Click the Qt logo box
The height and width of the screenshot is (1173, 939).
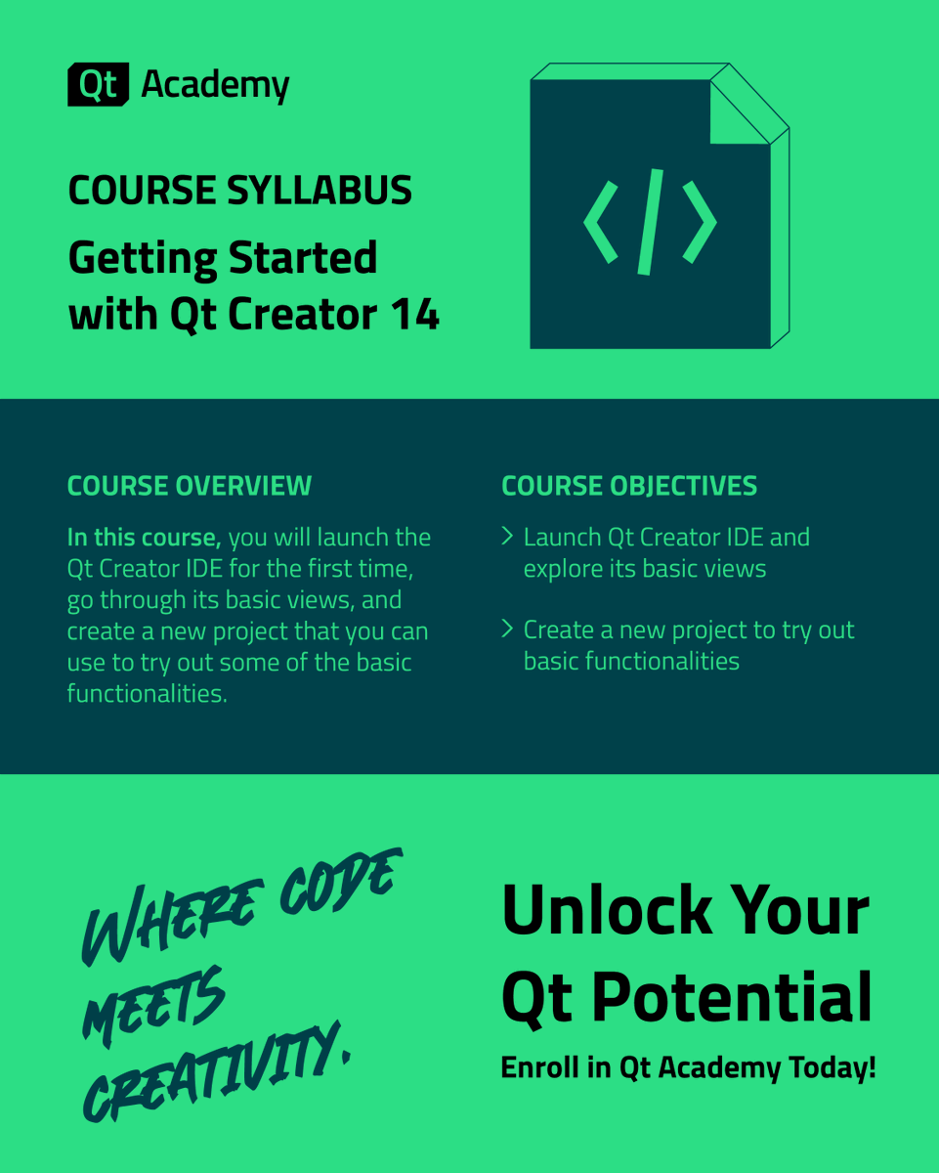(x=98, y=85)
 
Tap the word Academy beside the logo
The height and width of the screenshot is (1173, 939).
(x=215, y=86)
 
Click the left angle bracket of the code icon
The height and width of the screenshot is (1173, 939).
(x=601, y=221)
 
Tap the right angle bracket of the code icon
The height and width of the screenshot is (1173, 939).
(x=700, y=221)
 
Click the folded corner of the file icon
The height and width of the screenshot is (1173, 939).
(x=740, y=110)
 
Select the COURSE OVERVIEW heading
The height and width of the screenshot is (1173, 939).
(x=190, y=486)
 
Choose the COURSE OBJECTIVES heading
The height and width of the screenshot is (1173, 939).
(x=629, y=486)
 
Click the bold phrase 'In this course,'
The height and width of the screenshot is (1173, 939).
(x=145, y=538)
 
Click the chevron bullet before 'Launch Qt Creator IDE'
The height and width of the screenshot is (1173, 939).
(x=507, y=536)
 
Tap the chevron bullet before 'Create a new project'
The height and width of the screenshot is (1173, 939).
(x=507, y=629)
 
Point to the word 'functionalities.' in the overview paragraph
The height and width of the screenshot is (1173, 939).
(x=147, y=694)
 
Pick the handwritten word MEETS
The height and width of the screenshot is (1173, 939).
(x=154, y=1007)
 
